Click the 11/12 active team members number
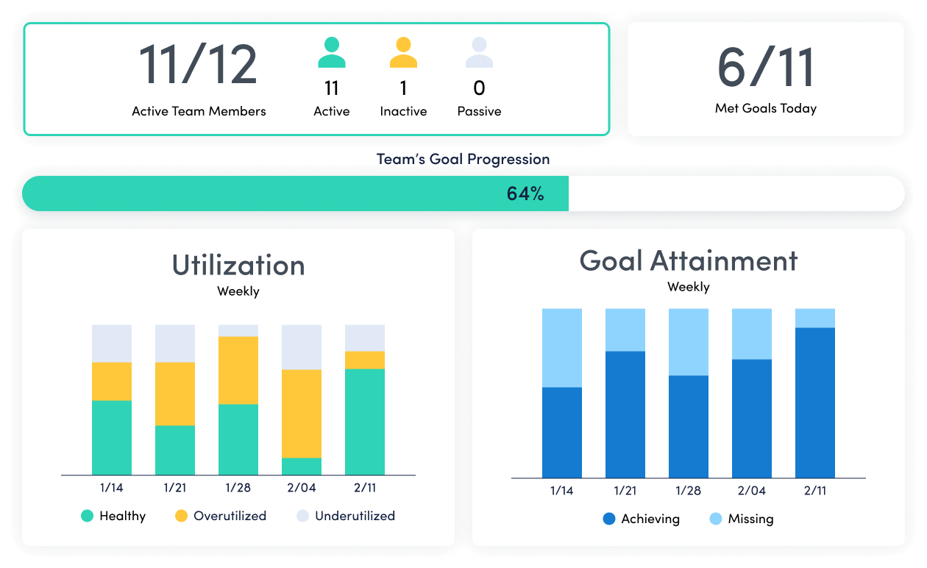(198, 65)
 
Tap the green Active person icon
(332, 54)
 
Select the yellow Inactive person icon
(403, 54)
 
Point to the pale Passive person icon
(479, 54)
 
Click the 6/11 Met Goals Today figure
(766, 68)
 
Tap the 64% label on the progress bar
(525, 194)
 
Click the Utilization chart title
(238, 265)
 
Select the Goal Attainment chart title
(688, 260)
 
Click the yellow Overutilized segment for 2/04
(302, 413)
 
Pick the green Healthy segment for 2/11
(365, 422)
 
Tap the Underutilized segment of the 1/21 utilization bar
(175, 344)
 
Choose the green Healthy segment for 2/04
(302, 466)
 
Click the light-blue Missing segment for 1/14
(562, 348)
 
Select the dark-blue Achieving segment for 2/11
(815, 403)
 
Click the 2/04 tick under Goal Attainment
(752, 491)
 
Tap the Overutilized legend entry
(221, 516)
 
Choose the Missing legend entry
(742, 519)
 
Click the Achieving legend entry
(641, 519)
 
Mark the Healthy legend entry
(113, 516)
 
